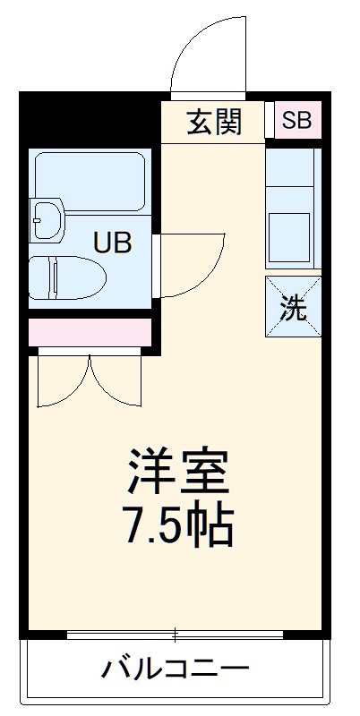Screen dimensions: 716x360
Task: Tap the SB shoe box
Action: [x=296, y=120]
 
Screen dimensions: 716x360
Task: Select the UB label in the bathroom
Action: [x=114, y=242]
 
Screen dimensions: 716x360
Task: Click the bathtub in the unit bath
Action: [x=89, y=182]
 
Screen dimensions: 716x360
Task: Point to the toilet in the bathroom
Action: [x=65, y=276]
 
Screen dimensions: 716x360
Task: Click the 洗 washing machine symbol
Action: [x=294, y=306]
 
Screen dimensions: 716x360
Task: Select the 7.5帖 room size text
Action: [x=178, y=527]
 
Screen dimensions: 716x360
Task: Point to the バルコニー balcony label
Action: [x=175, y=668]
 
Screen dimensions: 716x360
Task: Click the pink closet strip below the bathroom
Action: [x=90, y=331]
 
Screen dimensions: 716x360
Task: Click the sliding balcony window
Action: [x=176, y=635]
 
